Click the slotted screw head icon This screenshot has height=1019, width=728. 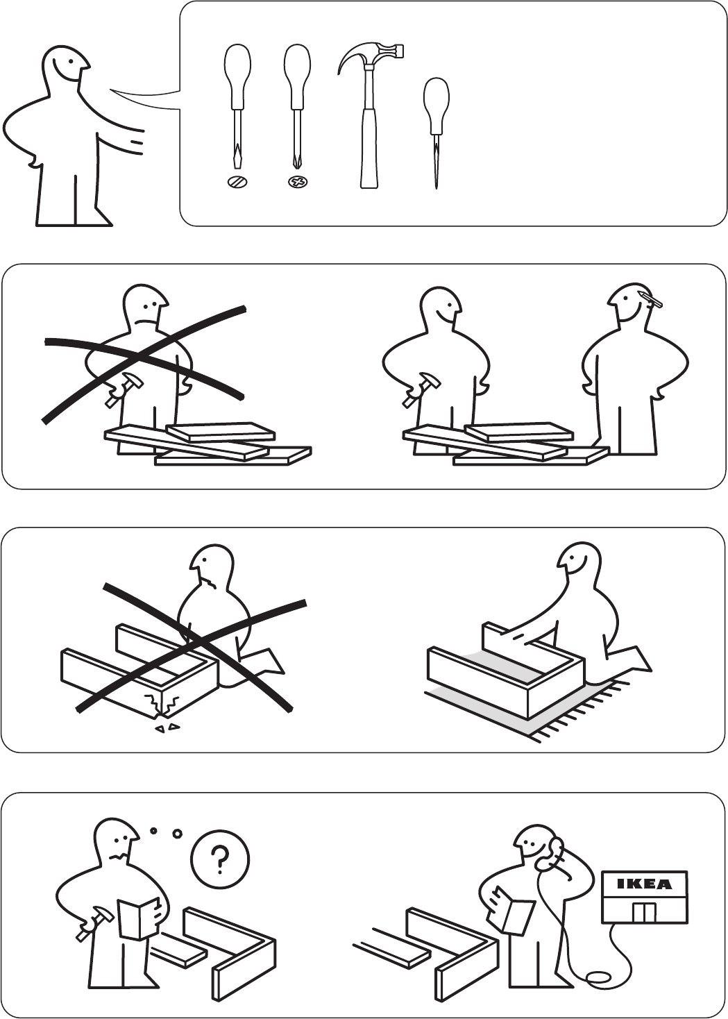click(x=238, y=183)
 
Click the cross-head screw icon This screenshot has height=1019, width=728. click(x=299, y=183)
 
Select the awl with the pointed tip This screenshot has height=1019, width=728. click(x=436, y=134)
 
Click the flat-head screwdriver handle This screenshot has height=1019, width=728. click(x=237, y=76)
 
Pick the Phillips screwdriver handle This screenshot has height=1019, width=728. click(x=298, y=76)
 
